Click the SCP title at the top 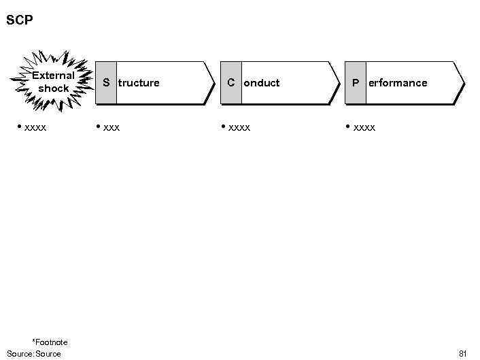point(20,20)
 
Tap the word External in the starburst point(53,76)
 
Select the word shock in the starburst point(54,88)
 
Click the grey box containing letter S point(105,82)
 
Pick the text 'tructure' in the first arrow point(139,83)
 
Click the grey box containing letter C point(231,82)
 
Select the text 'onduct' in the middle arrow point(262,83)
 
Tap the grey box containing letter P point(355,82)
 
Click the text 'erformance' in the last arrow point(398,83)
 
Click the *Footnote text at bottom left point(50,342)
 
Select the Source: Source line point(34,353)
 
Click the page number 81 point(463,353)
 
